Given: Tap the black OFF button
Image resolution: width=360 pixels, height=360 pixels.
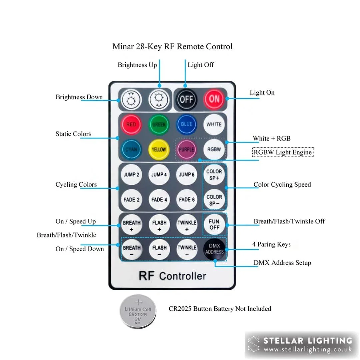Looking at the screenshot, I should pos(186,99).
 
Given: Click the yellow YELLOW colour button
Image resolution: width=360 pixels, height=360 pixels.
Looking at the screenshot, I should pos(159,149).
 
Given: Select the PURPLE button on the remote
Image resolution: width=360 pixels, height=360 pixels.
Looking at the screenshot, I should pos(186,149).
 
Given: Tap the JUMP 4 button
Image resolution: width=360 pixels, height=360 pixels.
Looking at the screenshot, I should pos(159,174).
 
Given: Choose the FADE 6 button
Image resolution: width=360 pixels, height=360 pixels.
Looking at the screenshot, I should pos(187,199).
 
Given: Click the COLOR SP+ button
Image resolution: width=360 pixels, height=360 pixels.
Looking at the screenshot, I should pos(214,174).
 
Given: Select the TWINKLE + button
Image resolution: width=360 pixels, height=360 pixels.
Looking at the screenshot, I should pos(187,225).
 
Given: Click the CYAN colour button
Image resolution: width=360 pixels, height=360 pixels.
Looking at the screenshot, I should pos(131,149).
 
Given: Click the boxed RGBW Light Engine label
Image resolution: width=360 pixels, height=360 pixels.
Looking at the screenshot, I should pos(283,152).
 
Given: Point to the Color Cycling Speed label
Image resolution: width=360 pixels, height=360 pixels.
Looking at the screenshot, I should pos(282,184).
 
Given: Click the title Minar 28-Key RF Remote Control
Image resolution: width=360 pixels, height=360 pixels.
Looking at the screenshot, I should pos(172,46).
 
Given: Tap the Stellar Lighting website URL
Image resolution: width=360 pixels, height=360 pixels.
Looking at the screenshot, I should pos(308,350).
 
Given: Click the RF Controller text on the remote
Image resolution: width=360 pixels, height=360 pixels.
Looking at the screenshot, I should pos(172,276).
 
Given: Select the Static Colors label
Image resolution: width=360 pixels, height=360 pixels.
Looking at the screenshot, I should pos(73,134).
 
